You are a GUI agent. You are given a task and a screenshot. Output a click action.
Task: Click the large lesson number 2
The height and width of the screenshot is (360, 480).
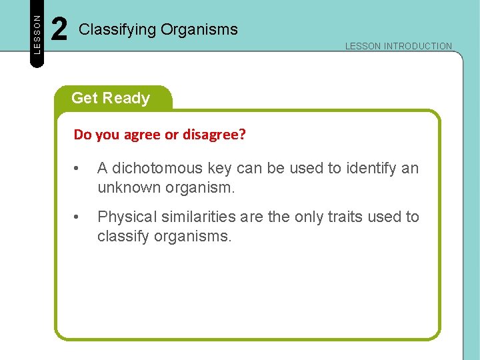(x=59, y=30)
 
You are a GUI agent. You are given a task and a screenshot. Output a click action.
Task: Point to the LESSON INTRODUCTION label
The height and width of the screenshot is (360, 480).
(x=398, y=46)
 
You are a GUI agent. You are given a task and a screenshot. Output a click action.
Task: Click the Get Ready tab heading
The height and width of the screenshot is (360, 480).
(x=111, y=98)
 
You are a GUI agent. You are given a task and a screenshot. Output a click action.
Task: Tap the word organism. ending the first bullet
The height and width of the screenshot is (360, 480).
(x=200, y=187)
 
